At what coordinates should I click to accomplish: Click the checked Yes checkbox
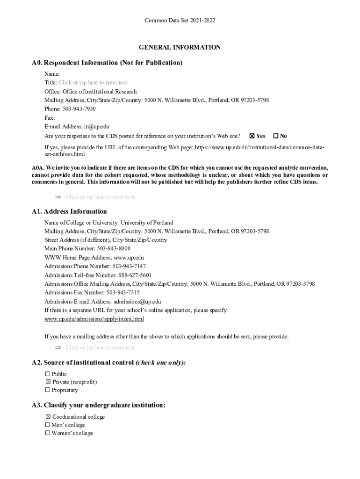point(252,136)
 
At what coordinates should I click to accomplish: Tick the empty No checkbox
point(276,136)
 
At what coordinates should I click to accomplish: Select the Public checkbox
point(47,374)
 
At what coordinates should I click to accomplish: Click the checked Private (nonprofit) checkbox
point(47,382)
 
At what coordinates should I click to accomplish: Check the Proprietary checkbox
point(47,390)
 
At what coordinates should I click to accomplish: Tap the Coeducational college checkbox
point(47,417)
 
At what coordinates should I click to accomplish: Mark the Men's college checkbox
point(47,425)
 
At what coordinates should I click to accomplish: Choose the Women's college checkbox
point(47,433)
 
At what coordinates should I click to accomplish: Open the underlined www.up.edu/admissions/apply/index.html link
point(94,319)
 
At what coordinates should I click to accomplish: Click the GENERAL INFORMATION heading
point(180,47)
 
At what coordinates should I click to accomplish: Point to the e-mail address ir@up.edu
point(97,127)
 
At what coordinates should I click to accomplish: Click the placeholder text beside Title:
point(94,83)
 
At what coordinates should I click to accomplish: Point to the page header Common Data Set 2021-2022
point(180,21)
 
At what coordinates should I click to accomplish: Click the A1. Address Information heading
point(69,211)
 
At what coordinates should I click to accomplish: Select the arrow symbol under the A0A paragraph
point(58,197)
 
